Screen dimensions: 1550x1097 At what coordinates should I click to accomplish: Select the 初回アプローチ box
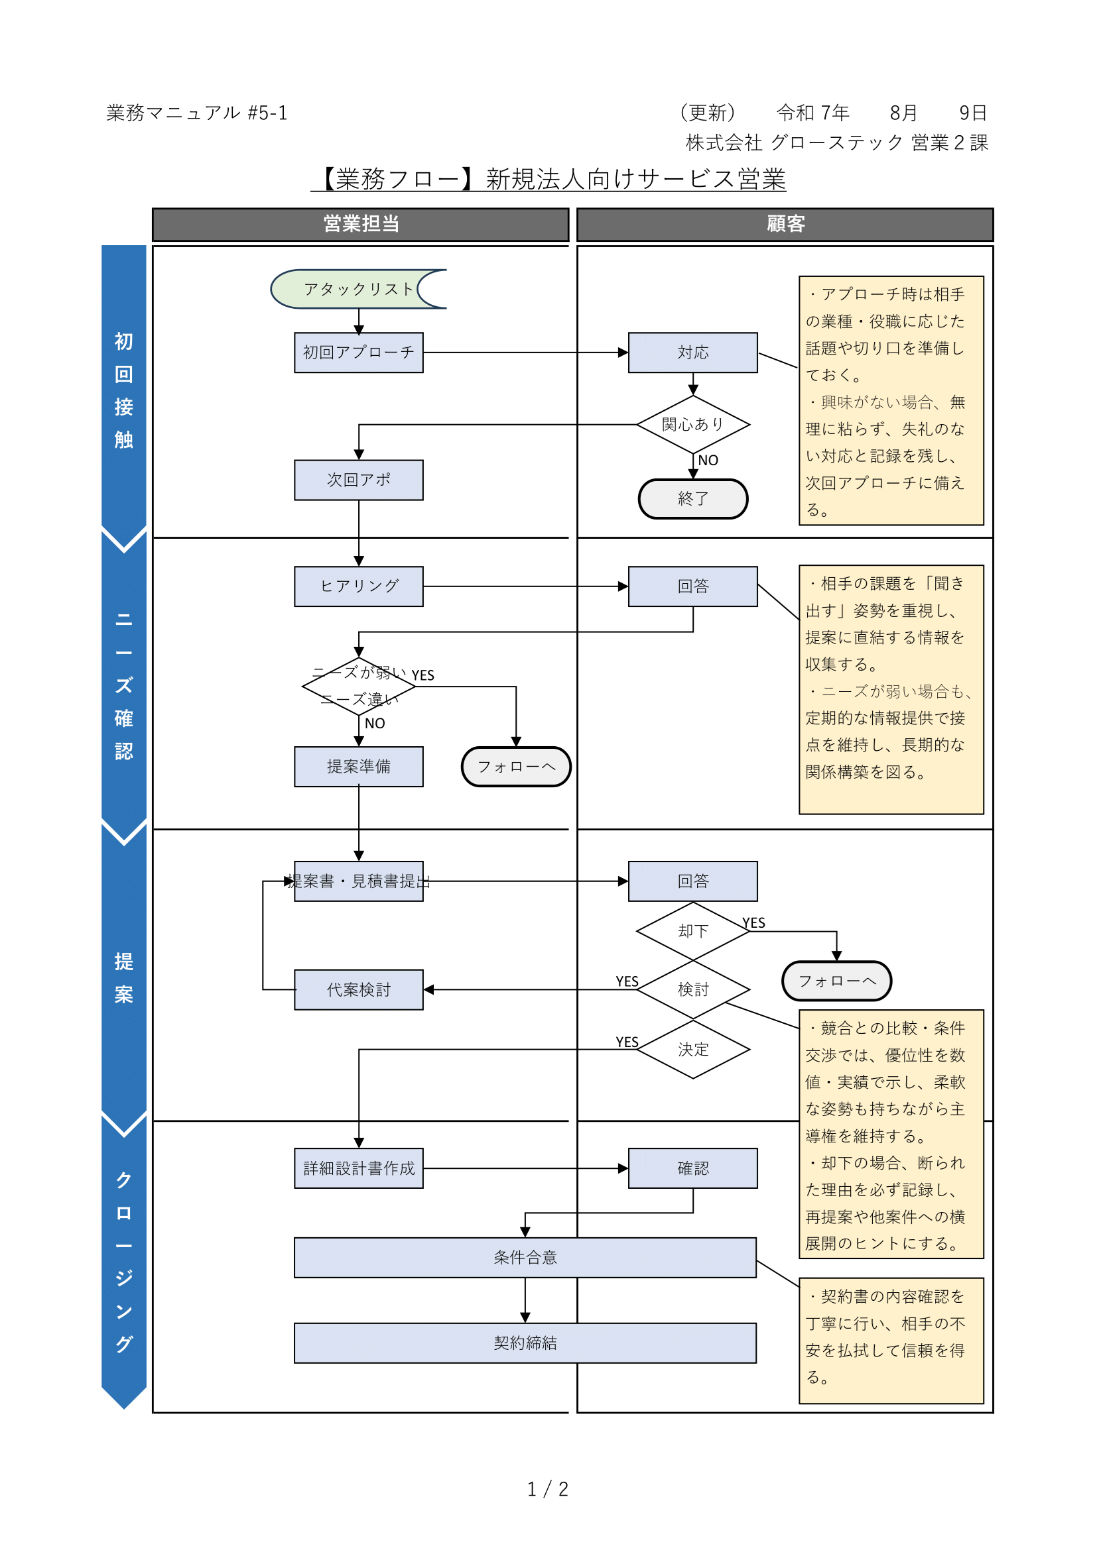click(359, 353)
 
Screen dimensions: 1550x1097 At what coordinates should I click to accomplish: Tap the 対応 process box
click(692, 353)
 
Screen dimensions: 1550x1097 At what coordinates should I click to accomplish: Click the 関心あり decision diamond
click(692, 424)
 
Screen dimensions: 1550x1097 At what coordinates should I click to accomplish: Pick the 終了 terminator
click(692, 499)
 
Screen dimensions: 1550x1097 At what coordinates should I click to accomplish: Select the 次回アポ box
click(359, 480)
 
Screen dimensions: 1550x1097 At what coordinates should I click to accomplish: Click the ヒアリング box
click(359, 586)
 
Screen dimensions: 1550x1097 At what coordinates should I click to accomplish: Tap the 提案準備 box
click(359, 766)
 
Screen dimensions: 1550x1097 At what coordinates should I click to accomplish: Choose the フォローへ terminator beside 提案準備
click(516, 766)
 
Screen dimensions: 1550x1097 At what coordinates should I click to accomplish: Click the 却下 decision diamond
click(692, 931)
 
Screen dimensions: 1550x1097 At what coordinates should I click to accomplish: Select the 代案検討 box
click(359, 989)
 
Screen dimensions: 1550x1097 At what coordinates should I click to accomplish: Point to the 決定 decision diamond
click(692, 1049)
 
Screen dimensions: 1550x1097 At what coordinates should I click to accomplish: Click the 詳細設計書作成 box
click(359, 1168)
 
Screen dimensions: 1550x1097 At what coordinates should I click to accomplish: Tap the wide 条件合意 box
click(525, 1257)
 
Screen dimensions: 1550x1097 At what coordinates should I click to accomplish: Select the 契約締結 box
click(525, 1343)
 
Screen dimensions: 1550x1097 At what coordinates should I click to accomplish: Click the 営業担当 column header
click(361, 224)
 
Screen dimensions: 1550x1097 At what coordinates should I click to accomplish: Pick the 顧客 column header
click(785, 224)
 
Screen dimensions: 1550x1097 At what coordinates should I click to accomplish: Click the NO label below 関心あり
click(707, 461)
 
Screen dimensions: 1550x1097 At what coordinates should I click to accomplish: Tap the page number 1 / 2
click(548, 1488)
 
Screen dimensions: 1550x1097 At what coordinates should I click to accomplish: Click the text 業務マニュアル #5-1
click(196, 113)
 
